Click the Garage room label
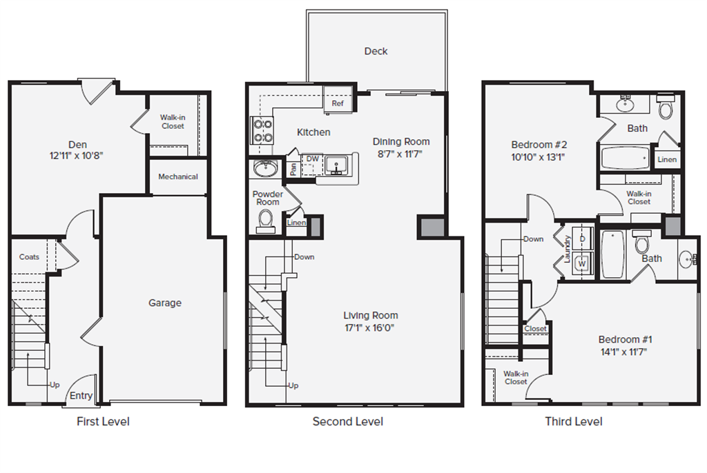165,303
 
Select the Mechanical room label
178,177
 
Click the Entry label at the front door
81,396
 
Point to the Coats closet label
29,256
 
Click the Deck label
376,51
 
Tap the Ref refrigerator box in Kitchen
338,103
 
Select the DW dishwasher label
313,159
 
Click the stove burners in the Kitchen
262,131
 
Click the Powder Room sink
264,168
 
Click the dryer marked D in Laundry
582,239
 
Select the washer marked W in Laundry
582,263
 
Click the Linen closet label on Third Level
667,159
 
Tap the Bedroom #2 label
539,145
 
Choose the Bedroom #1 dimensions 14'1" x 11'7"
625,351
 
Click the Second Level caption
347,421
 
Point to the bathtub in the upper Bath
625,158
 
